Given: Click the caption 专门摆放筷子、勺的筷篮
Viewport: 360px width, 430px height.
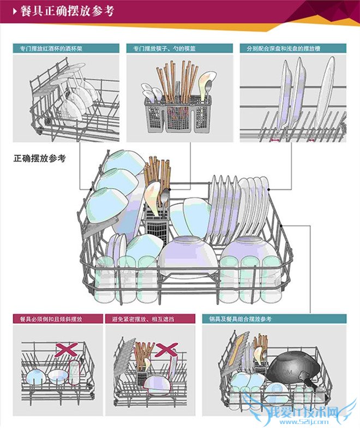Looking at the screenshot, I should [x=164, y=48].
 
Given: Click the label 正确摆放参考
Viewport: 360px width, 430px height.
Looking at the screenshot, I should [x=39, y=159].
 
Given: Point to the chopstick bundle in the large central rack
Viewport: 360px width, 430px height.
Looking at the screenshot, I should [x=158, y=175].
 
